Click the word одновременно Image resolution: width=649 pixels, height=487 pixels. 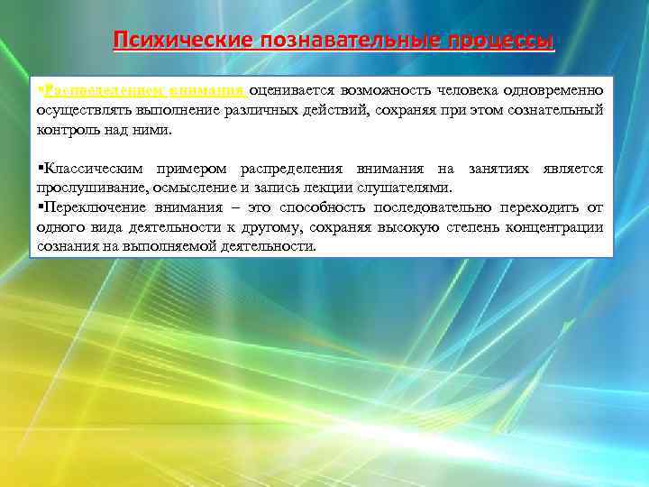click(x=559, y=90)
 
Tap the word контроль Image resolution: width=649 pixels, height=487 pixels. click(x=64, y=129)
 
